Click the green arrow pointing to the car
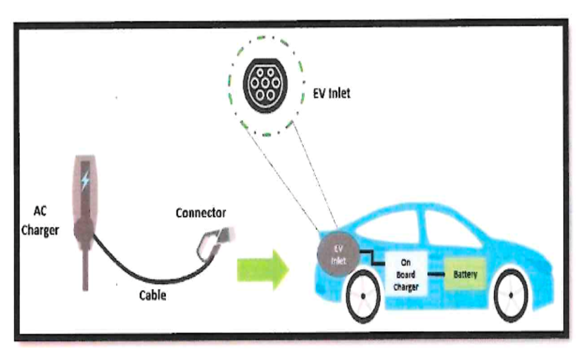[263, 269]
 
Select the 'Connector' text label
[201, 213]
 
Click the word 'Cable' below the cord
[153, 295]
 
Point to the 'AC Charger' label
[40, 220]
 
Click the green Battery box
[465, 274]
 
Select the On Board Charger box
[405, 274]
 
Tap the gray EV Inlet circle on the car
[338, 255]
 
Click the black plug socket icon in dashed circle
[265, 85]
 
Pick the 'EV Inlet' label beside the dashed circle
[331, 93]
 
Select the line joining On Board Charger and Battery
[436, 274]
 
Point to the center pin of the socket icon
[265, 83]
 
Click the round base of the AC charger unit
[84, 230]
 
